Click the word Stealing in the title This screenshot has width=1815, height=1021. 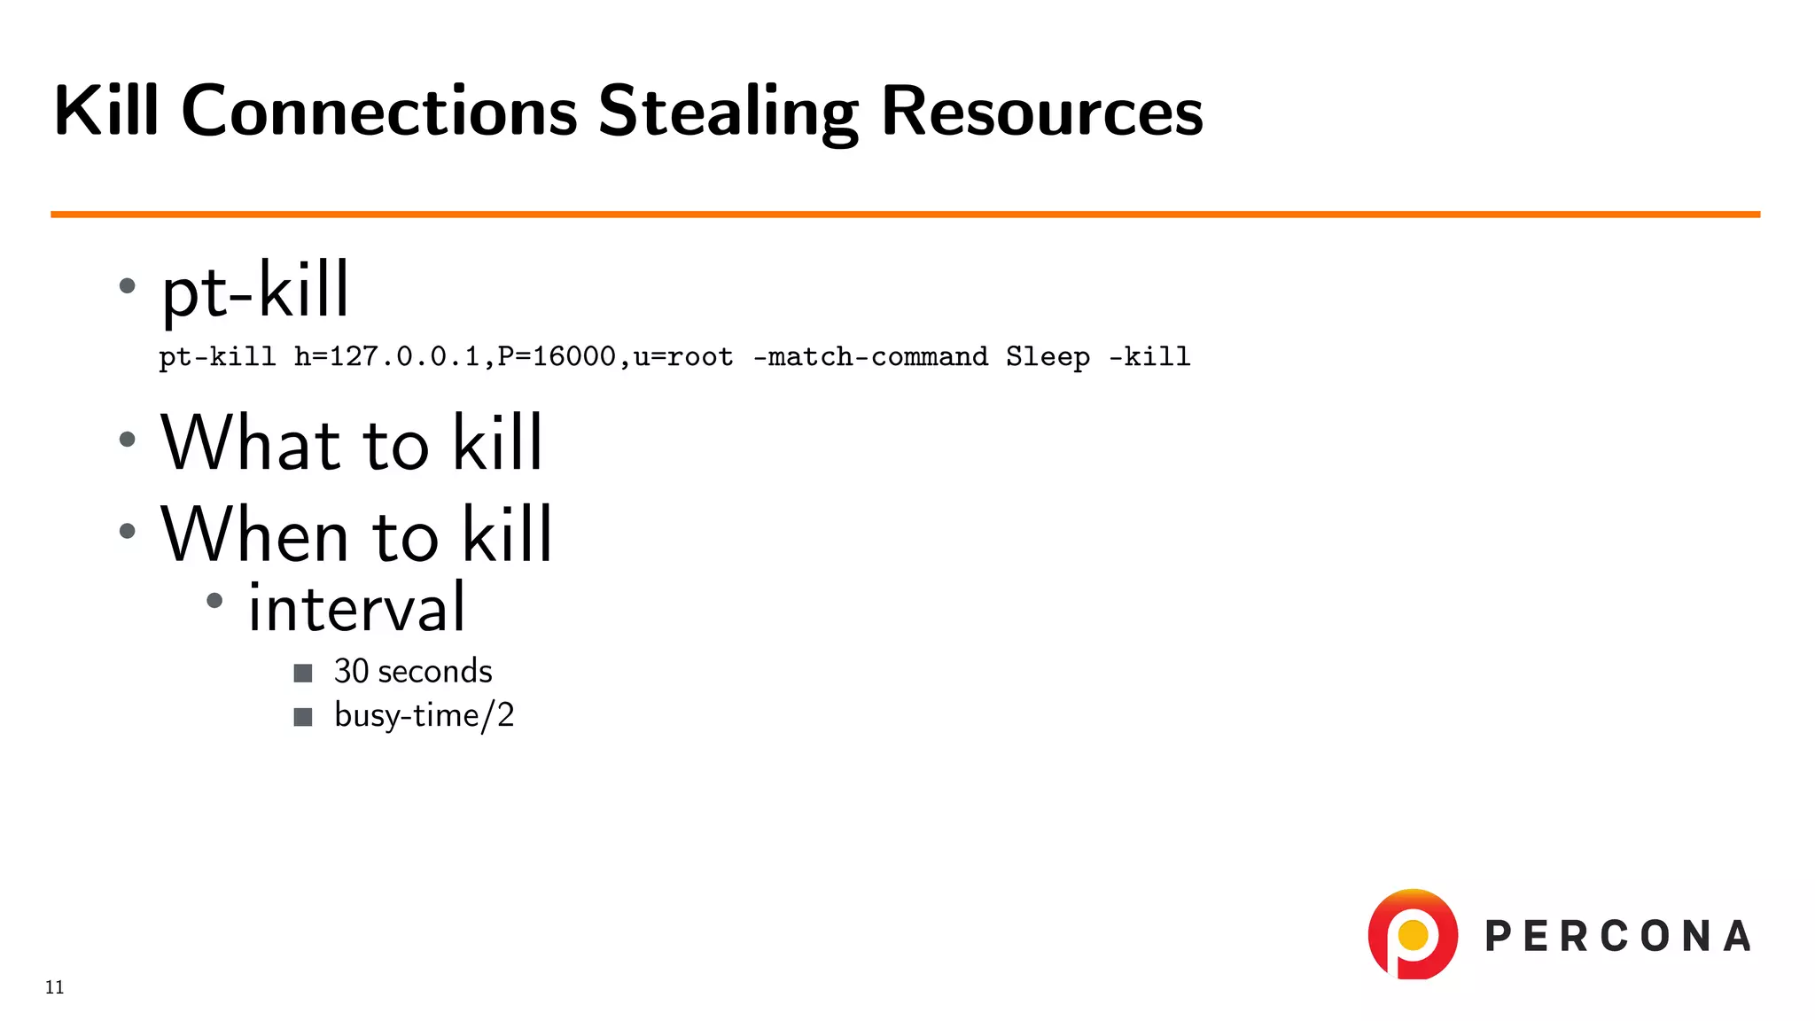click(728, 113)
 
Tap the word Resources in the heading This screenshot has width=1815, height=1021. click(1041, 113)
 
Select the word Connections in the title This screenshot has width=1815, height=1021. click(379, 113)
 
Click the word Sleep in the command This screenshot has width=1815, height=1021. click(1048, 357)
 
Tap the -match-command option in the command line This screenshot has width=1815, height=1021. click(869, 357)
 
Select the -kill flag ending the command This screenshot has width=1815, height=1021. click(1149, 357)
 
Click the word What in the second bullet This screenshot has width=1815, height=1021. click(251, 442)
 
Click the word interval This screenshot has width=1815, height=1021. click(356, 608)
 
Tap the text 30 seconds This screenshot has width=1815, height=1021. click(413, 672)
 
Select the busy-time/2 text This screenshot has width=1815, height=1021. click(424, 715)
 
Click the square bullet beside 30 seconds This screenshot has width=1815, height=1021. click(303, 674)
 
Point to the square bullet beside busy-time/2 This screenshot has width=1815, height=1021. click(303, 717)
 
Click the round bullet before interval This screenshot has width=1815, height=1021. click(214, 601)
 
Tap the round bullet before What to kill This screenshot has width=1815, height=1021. click(128, 439)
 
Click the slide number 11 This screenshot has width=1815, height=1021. click(55, 987)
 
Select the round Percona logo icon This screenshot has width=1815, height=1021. click(1413, 934)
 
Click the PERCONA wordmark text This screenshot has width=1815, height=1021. click(1617, 937)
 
